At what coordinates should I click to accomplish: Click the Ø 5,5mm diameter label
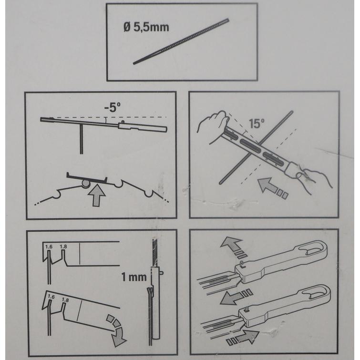(x=146, y=27)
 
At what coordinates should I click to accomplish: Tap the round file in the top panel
(x=181, y=41)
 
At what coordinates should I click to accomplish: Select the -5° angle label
(x=112, y=107)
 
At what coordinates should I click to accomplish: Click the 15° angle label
(x=257, y=123)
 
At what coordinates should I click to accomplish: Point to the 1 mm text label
(x=134, y=277)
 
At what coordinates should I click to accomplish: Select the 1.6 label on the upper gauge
(x=49, y=247)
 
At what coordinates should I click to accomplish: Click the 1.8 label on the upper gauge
(x=63, y=247)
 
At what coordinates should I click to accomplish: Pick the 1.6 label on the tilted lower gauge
(x=51, y=297)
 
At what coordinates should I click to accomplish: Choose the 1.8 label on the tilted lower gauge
(x=65, y=300)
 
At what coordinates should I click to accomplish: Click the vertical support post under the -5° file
(x=81, y=139)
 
